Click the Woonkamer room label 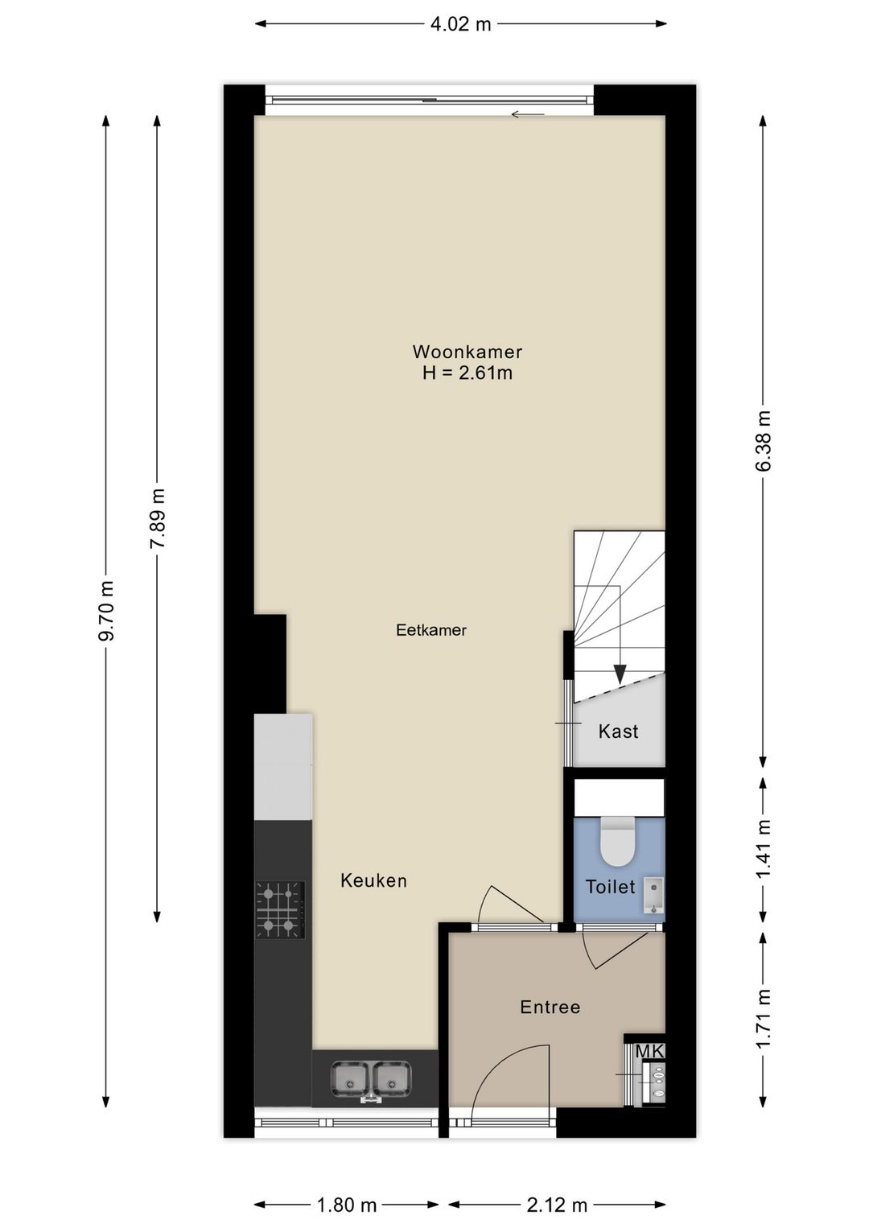[x=467, y=352]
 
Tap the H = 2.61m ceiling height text [x=467, y=373]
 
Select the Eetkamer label [x=431, y=630]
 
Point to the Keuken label [x=373, y=880]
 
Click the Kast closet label [x=619, y=731]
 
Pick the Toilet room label [x=610, y=887]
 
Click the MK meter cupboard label [x=649, y=1052]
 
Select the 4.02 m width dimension [x=460, y=24]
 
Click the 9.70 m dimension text [x=106, y=611]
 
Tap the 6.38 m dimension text [x=764, y=440]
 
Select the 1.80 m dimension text [x=347, y=1201]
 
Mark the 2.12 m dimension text [x=557, y=1201]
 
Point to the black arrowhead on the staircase [x=620, y=674]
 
